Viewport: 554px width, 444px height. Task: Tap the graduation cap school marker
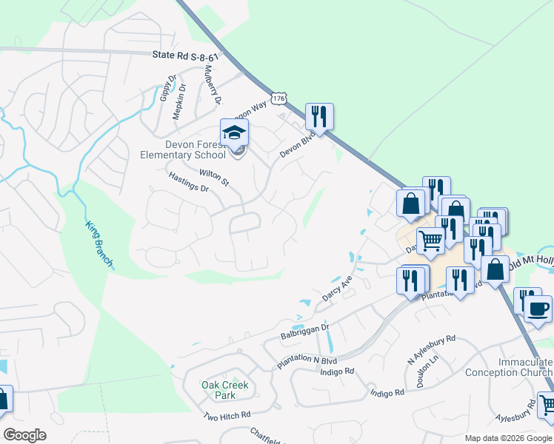coord(234,133)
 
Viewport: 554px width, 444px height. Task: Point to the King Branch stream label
coord(99,243)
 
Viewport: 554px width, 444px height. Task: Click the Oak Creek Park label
coord(225,390)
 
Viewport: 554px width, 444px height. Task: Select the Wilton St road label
coord(214,178)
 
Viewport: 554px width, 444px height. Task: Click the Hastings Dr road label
coord(189,182)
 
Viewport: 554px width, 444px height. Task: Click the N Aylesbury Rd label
coord(431,350)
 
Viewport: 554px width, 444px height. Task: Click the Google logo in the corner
coord(24,435)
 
